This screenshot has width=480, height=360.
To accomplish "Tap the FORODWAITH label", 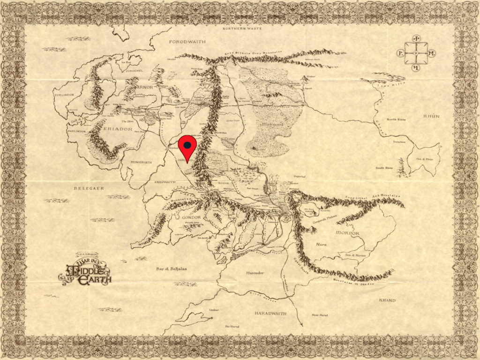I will click(x=187, y=42).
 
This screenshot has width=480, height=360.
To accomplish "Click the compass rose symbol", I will click(x=416, y=53).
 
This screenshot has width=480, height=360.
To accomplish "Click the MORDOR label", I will click(x=347, y=233).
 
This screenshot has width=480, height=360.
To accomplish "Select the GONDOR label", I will click(x=190, y=218).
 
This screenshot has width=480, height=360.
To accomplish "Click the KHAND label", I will click(x=387, y=300).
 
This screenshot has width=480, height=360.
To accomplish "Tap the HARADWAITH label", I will click(x=270, y=313).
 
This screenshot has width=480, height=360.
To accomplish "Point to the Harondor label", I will click(x=255, y=272).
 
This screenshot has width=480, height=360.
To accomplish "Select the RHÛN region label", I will click(x=431, y=116).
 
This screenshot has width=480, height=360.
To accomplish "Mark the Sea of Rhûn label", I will click(x=426, y=159).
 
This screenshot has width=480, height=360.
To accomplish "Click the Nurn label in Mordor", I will click(x=321, y=244).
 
